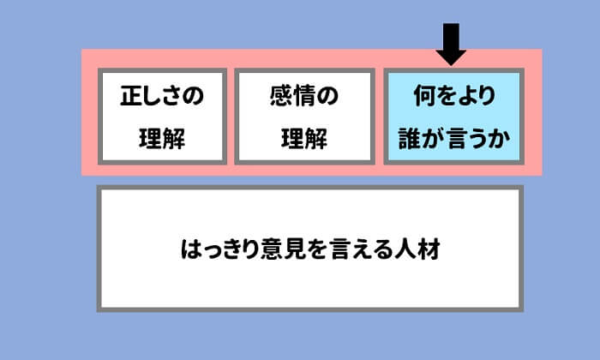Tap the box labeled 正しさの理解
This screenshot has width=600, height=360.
162,117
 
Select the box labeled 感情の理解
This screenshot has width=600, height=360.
304,117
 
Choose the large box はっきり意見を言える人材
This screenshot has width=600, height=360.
309,248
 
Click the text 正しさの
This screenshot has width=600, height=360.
162,96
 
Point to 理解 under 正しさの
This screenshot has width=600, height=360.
162,138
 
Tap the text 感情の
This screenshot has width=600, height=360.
304,96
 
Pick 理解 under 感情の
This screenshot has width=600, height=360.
304,138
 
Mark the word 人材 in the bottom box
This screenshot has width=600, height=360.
419,249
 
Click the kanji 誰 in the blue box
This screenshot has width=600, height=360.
411,138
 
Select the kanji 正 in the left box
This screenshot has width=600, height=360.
129,96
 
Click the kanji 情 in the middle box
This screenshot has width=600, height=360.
304,96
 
